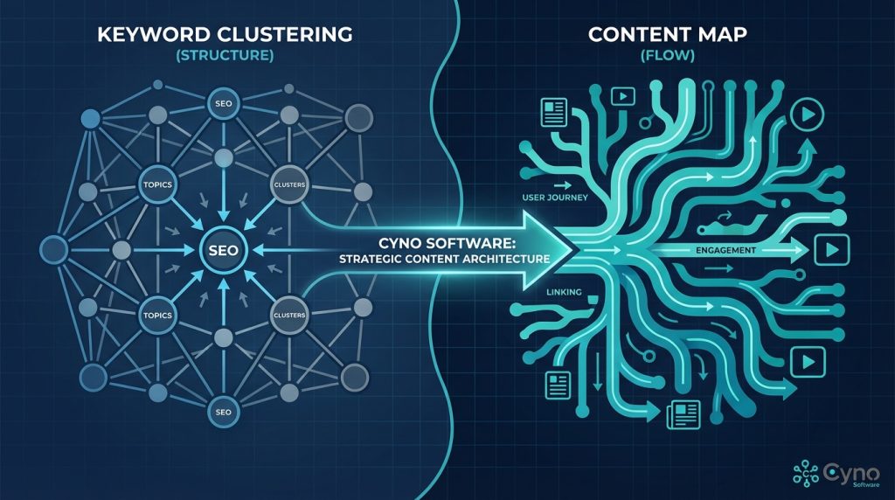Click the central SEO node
coord(223,250)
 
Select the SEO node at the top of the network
coord(222,104)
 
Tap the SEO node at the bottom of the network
coord(223,411)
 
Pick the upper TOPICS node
coord(157,185)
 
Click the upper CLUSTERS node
coord(288,185)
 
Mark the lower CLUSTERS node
coord(288,314)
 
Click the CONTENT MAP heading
coord(670,36)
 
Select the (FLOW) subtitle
coord(670,55)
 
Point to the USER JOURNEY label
coord(554,198)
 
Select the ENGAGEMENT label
coord(725,251)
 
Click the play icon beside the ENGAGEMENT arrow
coord(827,251)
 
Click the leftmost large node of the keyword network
coord(54,249)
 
